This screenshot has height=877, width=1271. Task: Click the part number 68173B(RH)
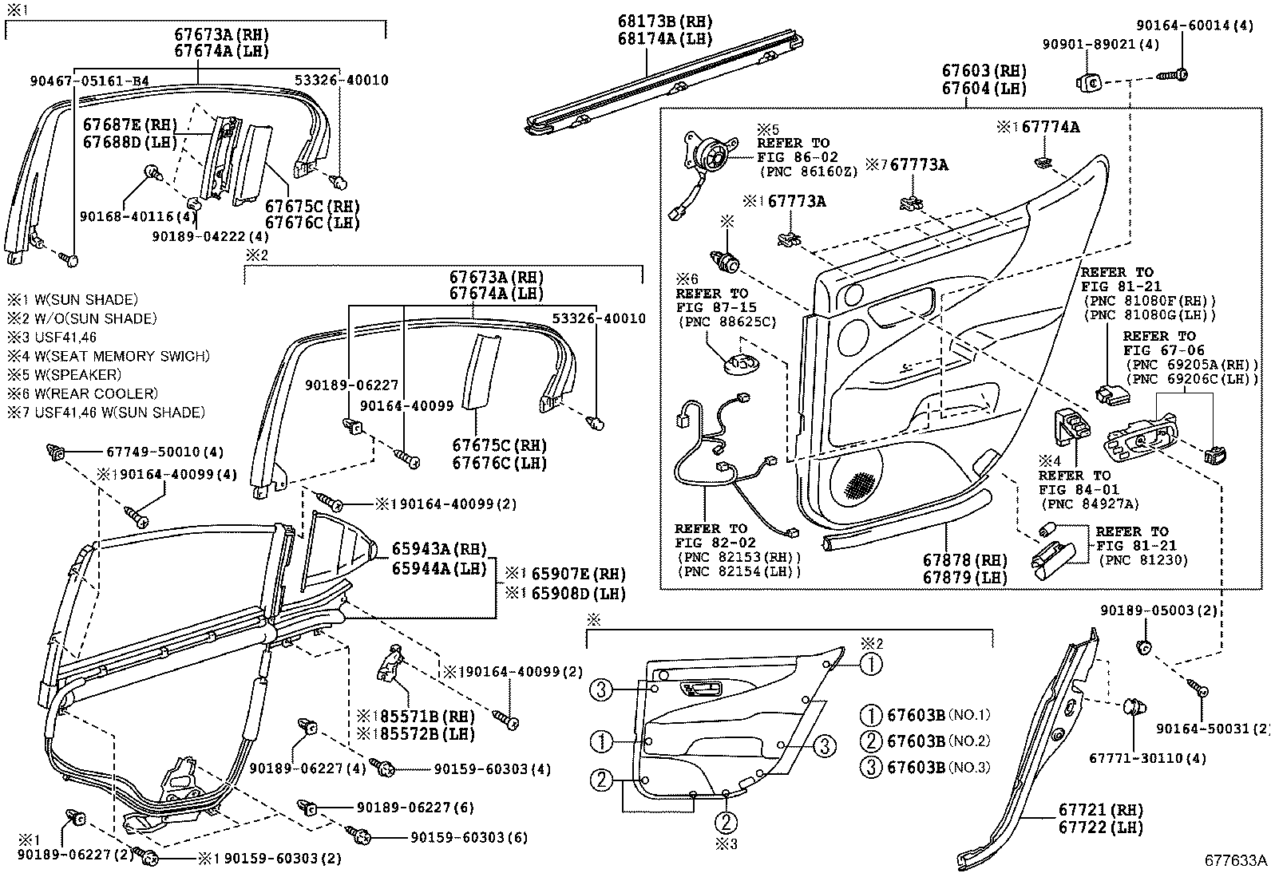664,22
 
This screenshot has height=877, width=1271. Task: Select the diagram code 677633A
1236,860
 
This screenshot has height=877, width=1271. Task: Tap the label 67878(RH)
964,560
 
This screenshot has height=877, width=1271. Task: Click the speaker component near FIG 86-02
710,154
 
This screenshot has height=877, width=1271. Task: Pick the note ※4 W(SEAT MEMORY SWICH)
109,356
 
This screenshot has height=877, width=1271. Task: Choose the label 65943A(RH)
438,549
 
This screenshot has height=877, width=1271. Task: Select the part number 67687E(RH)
128,125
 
